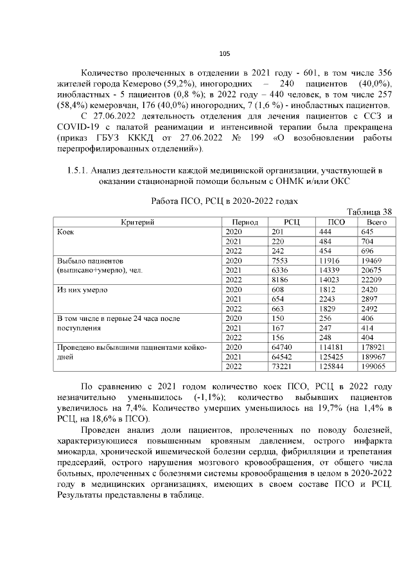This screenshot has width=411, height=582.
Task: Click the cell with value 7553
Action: click(283, 260)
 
